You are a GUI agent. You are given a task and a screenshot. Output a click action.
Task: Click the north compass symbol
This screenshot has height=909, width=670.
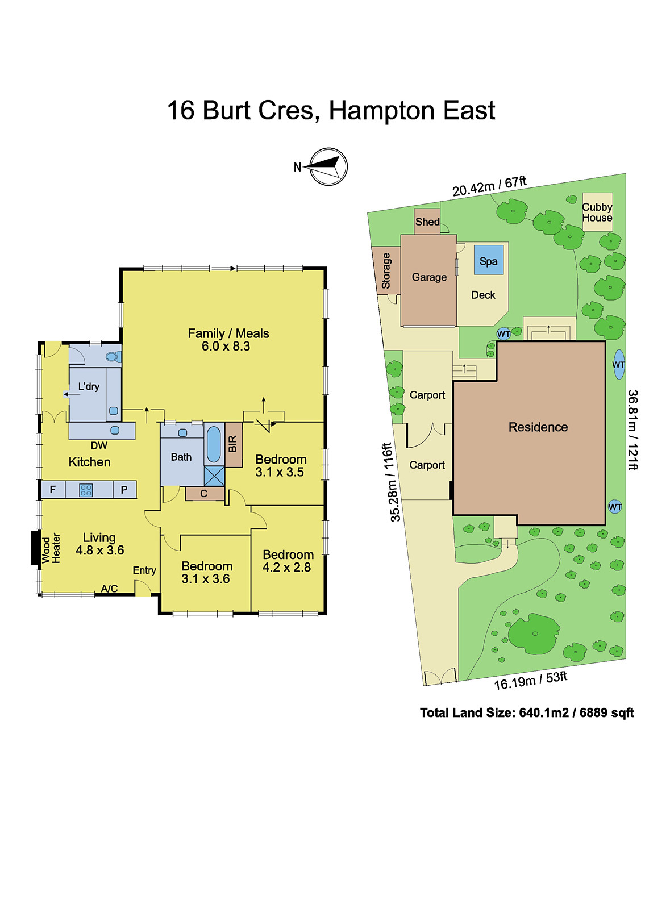coord(328,166)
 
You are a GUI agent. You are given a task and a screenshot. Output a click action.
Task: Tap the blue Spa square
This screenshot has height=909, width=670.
coord(488,260)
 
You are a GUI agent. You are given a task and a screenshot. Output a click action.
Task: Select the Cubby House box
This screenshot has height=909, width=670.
coord(597,212)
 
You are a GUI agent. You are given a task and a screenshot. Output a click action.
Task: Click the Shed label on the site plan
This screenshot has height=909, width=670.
coord(427,222)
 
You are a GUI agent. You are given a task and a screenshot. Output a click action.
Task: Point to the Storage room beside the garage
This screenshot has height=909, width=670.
coord(386,270)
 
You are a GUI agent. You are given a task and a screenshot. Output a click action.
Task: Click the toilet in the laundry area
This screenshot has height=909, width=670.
coord(113,357)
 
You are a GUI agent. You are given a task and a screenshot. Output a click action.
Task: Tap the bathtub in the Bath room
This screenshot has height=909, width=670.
coord(214,444)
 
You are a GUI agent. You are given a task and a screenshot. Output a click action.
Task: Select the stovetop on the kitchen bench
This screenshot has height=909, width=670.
coord(86,490)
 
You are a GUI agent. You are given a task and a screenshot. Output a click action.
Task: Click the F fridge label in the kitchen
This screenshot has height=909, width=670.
coord(53,490)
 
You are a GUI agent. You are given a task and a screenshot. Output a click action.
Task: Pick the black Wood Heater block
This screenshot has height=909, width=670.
coord(36,548)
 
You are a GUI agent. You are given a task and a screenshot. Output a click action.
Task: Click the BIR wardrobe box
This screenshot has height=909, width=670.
coord(233,444)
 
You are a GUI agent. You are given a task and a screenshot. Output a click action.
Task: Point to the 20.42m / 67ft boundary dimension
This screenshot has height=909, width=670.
coord(489,186)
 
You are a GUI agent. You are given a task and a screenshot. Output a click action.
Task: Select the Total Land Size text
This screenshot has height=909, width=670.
coord(527,713)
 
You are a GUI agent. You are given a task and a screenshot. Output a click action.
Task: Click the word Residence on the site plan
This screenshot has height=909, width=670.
coord(538,427)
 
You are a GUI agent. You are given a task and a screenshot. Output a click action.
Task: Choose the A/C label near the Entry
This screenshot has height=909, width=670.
coord(110,589)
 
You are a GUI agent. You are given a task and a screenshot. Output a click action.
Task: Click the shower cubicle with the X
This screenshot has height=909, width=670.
coord(214,476)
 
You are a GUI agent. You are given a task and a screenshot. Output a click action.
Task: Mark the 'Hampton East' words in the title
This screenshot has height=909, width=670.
coord(411,111)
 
